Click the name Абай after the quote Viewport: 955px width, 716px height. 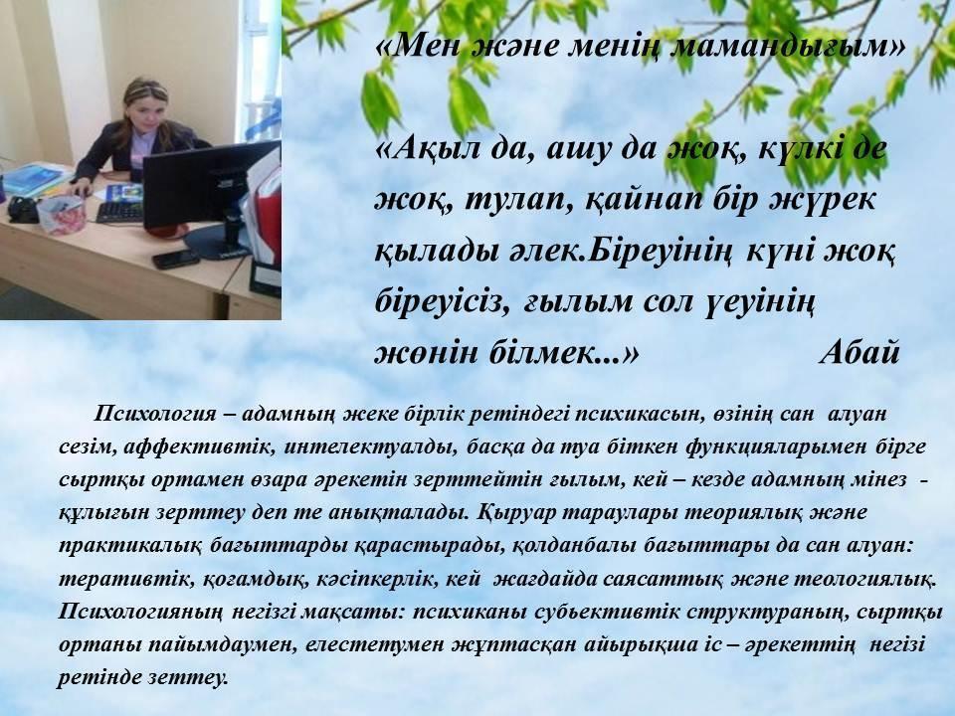pyautogui.click(x=859, y=352)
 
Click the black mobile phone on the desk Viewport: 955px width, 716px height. pyautogui.click(x=175, y=259)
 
